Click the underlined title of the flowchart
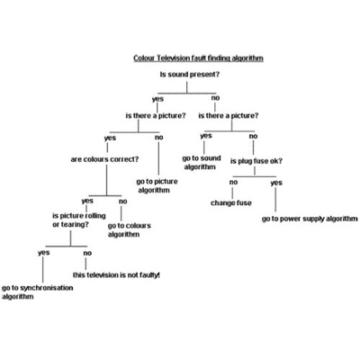198,58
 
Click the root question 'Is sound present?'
190,75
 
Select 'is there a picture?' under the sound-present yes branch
156,115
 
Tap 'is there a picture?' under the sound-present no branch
229,115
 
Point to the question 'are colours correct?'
104,159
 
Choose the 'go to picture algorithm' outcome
157,185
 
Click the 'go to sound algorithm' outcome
202,163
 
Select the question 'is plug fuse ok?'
256,161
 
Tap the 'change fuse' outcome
231,203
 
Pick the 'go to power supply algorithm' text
310,219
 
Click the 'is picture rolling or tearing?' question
79,220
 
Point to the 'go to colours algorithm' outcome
130,229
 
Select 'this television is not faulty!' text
116,274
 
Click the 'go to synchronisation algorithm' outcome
38,292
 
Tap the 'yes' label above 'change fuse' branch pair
276,183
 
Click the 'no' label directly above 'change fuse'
233,182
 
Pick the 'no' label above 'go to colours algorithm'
123,202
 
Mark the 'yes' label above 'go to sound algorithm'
206,136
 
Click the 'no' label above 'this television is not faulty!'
87,253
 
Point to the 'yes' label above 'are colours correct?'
110,138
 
